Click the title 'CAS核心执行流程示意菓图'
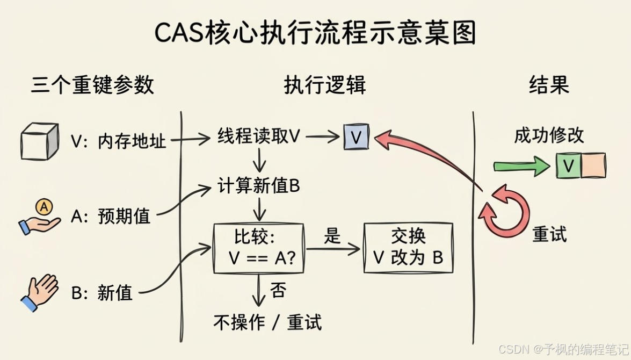pos(315,33)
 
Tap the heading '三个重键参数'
pos(92,85)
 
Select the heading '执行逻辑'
pos(325,85)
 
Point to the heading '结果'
pos(549,85)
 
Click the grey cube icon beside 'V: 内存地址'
pos(39,141)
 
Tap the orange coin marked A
pos(43,206)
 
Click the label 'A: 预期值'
pos(111,217)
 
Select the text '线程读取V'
pos(258,136)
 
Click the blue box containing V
pos(356,138)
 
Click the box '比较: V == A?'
pos(259,248)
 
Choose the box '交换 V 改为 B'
pos(408,248)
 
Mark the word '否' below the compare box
pos(278,291)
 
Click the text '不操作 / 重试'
pos(267,322)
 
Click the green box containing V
pos(568,165)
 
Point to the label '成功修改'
pos(549,135)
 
